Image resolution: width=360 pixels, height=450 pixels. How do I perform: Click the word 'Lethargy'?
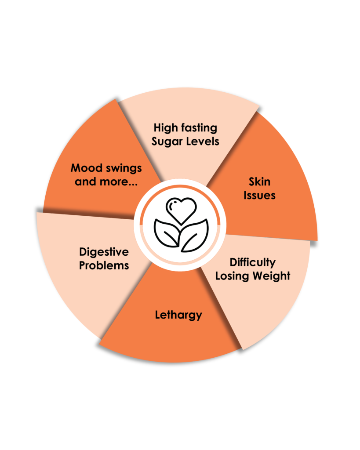(x=178, y=315)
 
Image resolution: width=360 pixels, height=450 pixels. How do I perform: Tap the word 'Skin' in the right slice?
(x=259, y=181)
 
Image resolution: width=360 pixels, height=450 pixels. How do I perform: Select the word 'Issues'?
(x=259, y=195)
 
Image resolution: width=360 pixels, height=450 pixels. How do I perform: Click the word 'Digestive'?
(x=104, y=252)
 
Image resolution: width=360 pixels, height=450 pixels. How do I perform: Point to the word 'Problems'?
(x=104, y=266)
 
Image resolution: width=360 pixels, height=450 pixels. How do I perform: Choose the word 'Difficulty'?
(x=253, y=263)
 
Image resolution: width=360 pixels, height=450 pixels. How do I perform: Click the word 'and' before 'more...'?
(x=86, y=181)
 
